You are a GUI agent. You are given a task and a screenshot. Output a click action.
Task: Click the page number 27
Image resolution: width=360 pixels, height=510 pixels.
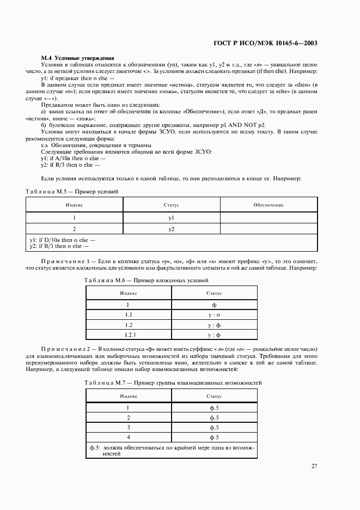pos(314,466)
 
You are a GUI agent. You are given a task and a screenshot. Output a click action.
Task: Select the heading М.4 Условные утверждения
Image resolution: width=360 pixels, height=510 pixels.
pos(77,58)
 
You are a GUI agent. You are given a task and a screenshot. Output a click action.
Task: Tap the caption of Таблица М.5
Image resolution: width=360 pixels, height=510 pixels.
pos(72,191)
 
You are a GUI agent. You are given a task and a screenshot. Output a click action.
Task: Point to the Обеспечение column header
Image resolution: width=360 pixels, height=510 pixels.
pos(268,205)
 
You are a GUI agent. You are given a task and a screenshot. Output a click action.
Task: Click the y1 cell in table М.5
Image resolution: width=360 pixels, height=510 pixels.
pos(171,218)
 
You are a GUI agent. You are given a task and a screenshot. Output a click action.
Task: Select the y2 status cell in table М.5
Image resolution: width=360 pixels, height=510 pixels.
pos(171,229)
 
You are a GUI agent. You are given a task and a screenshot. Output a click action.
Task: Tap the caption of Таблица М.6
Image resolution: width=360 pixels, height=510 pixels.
pos(146,280)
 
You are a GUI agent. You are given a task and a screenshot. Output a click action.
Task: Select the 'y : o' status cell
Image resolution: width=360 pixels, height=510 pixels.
pos(213,315)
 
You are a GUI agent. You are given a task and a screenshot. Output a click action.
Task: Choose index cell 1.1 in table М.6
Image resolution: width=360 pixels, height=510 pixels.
pos(129,315)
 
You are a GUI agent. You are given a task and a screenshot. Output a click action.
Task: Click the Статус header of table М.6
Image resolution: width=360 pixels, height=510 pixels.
pos(213,293)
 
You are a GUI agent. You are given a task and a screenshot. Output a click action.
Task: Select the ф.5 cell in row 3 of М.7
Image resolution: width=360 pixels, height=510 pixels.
pos(213,428)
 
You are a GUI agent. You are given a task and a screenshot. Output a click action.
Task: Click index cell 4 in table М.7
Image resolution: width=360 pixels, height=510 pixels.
pos(128,438)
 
